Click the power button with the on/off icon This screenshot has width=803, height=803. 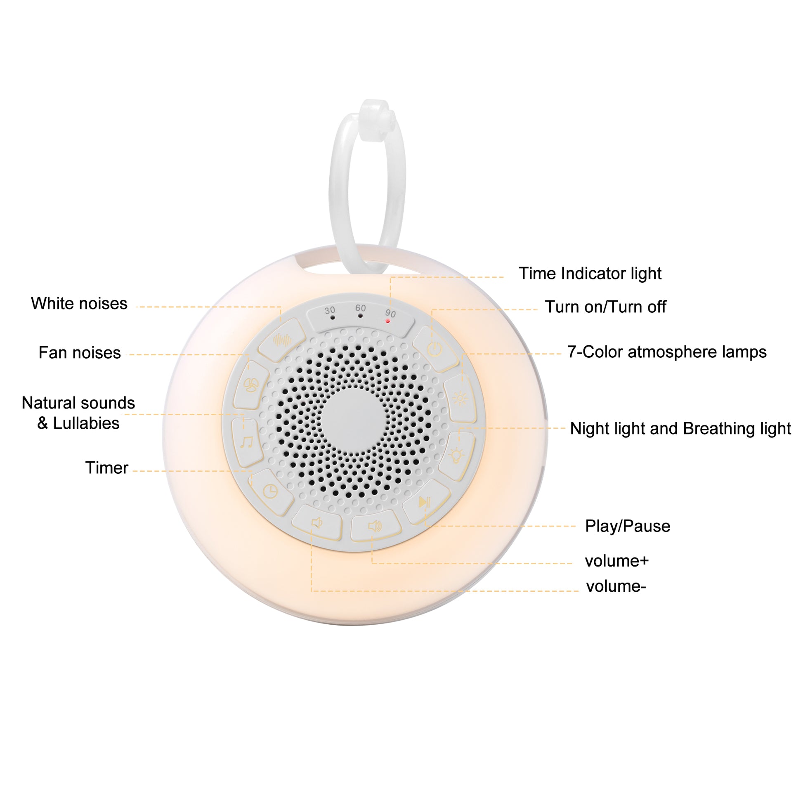point(435,349)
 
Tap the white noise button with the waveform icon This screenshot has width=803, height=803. point(282,340)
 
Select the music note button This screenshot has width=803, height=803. point(247,442)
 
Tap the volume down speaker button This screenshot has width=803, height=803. point(317,522)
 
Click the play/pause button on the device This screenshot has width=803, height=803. point(425,502)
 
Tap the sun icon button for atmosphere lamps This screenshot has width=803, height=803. point(460,398)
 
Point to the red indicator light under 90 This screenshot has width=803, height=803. point(388,321)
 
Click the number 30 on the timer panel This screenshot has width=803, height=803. point(330,310)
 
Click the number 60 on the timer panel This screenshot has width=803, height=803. point(360,308)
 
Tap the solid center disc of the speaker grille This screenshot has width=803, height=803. point(353,420)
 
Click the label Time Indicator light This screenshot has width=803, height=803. point(590,274)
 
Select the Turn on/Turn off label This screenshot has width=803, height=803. point(606,307)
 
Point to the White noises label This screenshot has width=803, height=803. point(79,303)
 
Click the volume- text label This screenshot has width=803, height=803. point(616,586)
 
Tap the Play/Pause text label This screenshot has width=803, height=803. point(628,526)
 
